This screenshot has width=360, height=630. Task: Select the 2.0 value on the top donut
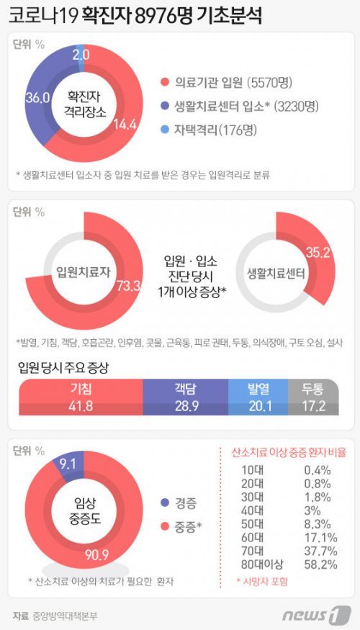[x=81, y=55]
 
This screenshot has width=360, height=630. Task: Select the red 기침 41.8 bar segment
[x=80, y=397]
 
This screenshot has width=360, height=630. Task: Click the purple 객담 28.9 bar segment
[x=184, y=397]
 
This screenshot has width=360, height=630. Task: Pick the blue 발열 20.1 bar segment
[x=257, y=397]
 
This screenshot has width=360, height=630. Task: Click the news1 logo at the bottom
[x=321, y=616]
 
